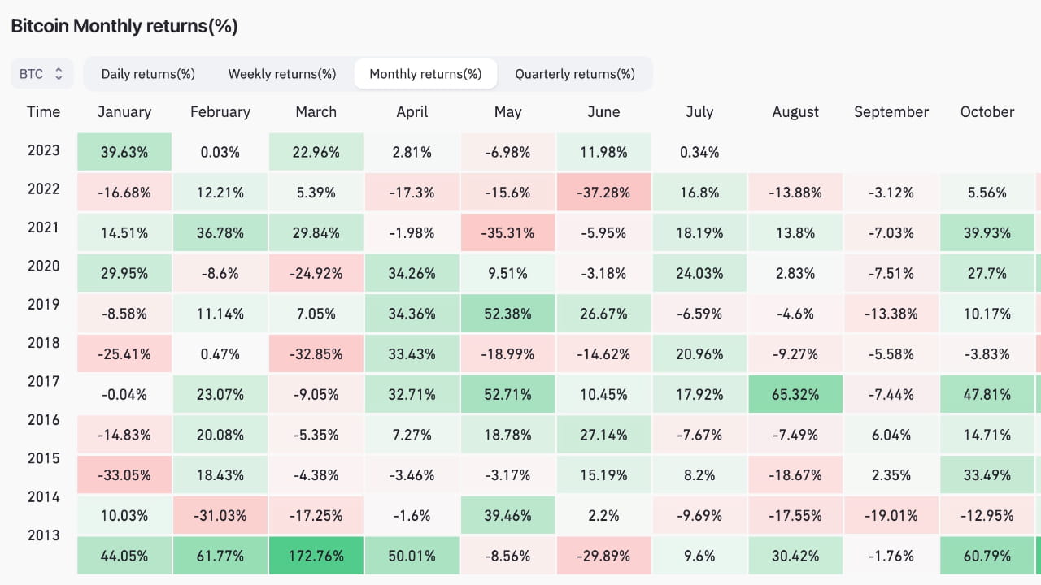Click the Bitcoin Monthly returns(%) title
point(124,26)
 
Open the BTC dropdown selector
point(41,74)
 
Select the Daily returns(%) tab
point(148,74)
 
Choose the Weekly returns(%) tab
point(281,74)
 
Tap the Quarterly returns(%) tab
point(574,74)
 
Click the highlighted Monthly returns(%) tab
point(425,74)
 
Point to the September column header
point(891,112)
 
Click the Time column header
point(43,112)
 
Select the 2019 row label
point(43,305)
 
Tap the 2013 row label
point(43,535)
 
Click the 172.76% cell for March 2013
point(316,557)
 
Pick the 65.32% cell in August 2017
point(795,395)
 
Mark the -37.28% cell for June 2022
point(603,193)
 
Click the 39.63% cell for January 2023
point(124,152)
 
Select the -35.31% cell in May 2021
point(507,233)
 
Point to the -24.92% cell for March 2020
point(316,274)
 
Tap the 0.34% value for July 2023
point(699,152)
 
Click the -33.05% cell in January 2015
point(124,475)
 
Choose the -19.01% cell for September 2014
point(891,516)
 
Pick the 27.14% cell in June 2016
point(603,435)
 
